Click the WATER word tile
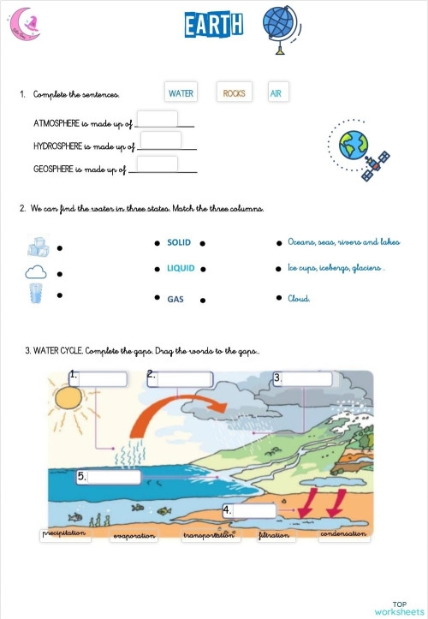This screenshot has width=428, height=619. (x=181, y=93)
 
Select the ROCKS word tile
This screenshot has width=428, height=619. (x=234, y=93)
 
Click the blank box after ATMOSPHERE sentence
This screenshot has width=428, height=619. (x=157, y=119)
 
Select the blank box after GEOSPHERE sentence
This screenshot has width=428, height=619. (x=157, y=164)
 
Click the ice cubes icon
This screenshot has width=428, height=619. (x=37, y=247)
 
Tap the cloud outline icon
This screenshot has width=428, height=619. (x=36, y=273)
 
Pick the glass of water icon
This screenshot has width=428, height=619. (x=36, y=295)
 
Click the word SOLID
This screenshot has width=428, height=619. (x=179, y=242)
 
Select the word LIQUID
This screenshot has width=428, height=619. (x=181, y=268)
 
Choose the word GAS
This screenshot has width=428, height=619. (x=175, y=300)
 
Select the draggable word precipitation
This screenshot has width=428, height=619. (x=65, y=534)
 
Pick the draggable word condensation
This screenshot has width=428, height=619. (x=343, y=534)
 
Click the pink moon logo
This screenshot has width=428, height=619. (x=24, y=25)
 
